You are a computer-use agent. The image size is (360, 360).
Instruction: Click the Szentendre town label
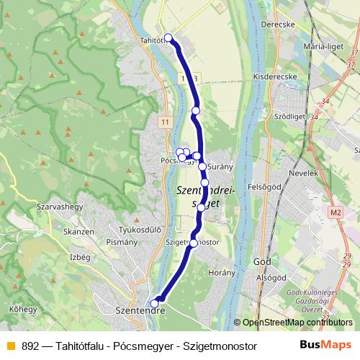click(140, 311)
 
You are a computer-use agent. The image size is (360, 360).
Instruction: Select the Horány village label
click(221, 273)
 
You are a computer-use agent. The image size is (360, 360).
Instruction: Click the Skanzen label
click(78, 231)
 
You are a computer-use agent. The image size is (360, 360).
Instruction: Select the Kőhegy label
click(23, 309)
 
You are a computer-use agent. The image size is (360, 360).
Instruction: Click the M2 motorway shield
click(336, 212)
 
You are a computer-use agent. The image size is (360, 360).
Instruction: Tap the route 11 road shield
click(166, 122)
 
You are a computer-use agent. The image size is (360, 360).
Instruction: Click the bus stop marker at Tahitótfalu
click(168, 37)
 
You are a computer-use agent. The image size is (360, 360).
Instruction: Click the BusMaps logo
click(325, 345)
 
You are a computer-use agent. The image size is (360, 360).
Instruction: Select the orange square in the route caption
click(10, 346)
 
